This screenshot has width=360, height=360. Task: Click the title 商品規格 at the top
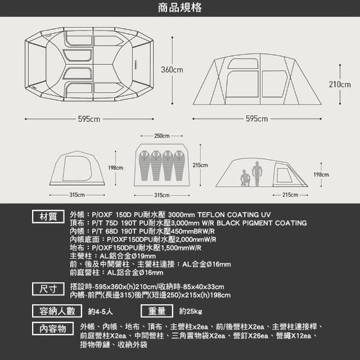[x=180, y=8]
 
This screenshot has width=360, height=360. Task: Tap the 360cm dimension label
[x=172, y=70]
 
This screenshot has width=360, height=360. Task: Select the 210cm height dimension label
[x=340, y=84]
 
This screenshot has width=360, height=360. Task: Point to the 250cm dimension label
[x=162, y=136]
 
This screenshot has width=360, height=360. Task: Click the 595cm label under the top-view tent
[x=89, y=119]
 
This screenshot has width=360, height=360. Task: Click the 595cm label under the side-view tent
[x=256, y=119]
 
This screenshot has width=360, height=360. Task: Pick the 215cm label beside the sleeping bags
[x=200, y=165]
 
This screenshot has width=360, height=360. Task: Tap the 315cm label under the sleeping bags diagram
[x=162, y=195]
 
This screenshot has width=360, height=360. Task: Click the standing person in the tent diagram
[x=257, y=174]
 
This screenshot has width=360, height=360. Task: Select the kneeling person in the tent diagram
[x=245, y=178]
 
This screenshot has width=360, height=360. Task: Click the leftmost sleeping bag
[x=145, y=165]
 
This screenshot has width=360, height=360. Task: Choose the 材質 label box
[x=48, y=217]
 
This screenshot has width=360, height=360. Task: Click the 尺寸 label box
[x=48, y=289]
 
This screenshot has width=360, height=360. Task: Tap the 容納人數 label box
[x=57, y=311]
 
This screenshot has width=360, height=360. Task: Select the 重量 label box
[x=157, y=311]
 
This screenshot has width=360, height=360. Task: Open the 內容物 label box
[x=53, y=328]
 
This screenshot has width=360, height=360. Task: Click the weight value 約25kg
[x=191, y=311]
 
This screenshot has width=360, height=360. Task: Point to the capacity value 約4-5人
[x=100, y=311]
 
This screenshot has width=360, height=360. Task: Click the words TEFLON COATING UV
[x=234, y=215]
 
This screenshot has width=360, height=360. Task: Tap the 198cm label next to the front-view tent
[x=115, y=168]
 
